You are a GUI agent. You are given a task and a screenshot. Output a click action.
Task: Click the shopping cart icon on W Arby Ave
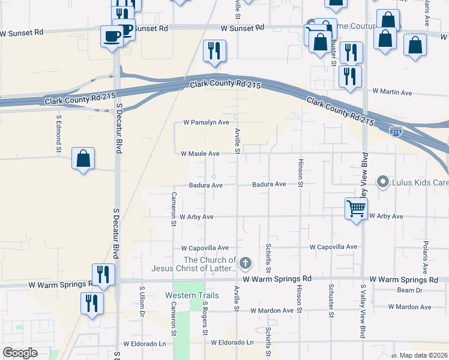[356, 209]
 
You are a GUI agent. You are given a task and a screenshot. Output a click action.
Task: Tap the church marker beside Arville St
[245, 263]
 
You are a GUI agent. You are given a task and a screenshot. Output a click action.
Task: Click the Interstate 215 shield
[396, 130]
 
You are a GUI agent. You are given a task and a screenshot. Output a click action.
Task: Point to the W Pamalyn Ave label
[206, 122]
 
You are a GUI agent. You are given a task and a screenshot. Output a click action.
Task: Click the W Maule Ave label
[200, 154]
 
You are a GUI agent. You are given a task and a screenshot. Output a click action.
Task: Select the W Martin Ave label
[392, 92]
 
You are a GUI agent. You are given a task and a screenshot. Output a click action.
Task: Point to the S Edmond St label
[59, 133]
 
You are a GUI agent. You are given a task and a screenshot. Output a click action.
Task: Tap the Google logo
[20, 353]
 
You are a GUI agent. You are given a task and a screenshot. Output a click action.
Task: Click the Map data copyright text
[424, 355]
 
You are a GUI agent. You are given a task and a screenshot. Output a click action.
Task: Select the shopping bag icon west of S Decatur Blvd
[83, 159]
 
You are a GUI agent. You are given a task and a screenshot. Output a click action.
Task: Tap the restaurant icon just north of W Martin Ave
[349, 77]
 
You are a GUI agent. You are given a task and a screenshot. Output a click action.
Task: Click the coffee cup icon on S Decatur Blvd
[112, 36]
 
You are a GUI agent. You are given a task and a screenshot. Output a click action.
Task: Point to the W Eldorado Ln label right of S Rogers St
[232, 343]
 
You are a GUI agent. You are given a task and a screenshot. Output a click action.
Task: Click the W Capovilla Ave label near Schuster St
[333, 247]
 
